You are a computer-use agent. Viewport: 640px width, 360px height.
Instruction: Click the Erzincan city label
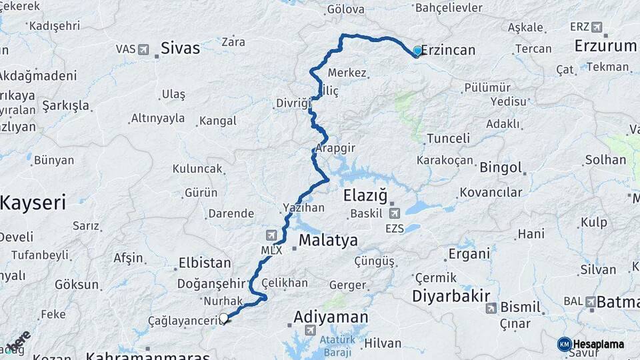[449, 50]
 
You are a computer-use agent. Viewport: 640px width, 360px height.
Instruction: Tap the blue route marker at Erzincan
[417, 51]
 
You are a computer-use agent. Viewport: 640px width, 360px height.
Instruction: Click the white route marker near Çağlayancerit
[223, 319]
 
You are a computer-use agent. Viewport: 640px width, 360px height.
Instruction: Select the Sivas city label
[180, 49]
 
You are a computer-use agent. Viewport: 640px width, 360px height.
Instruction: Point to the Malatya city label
[328, 240]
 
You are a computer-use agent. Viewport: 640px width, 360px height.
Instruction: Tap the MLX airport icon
[271, 235]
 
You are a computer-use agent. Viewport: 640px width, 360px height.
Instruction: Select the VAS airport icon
[143, 49]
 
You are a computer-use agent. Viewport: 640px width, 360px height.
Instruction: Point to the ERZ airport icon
[596, 27]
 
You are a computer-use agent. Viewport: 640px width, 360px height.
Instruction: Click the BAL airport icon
[591, 302]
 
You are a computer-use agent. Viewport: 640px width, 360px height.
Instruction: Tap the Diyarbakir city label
[451, 296]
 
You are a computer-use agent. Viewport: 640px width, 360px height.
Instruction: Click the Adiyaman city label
[331, 317]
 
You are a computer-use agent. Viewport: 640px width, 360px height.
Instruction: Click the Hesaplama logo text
[599, 344]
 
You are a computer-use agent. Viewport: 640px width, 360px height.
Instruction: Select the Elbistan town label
[205, 263]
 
